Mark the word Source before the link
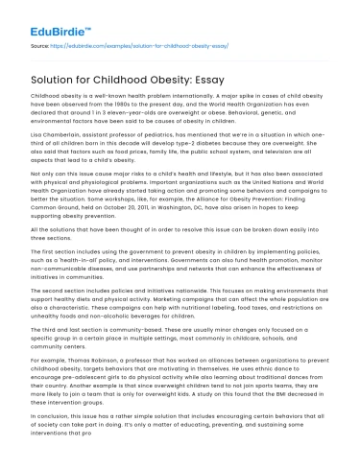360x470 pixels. coord(38,45)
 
